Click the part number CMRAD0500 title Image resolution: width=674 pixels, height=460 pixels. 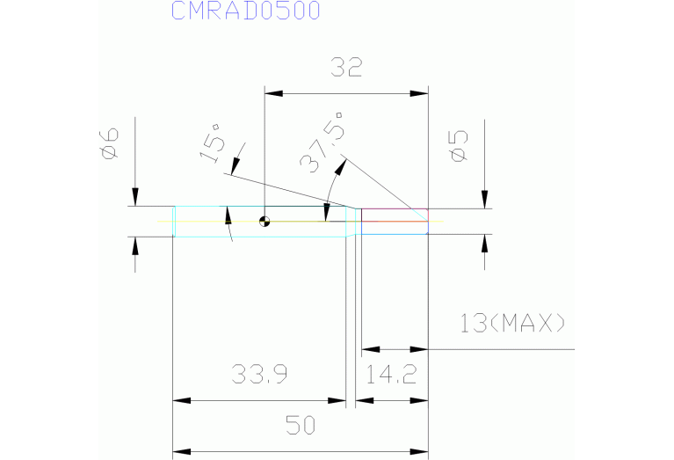click(246, 11)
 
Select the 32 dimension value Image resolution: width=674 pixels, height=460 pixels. click(346, 67)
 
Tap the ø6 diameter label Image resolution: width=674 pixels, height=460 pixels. click(110, 143)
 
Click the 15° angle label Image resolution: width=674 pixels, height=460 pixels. click(213, 142)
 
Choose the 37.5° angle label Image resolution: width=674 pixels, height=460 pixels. click(323, 142)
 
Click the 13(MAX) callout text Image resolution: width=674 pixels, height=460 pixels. click(512, 323)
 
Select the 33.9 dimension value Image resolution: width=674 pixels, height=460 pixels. click(259, 374)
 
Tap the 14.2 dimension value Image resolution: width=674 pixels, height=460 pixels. click(391, 374)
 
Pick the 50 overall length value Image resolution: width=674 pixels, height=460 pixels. click(301, 425)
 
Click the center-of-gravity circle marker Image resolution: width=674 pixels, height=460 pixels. click(265, 222)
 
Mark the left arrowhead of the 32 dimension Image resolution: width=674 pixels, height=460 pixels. click(274, 93)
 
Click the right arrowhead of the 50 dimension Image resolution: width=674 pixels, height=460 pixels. click(419, 452)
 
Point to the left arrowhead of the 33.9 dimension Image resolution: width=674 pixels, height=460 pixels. click(181, 400)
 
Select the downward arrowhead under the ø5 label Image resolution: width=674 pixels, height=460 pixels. click(485, 200)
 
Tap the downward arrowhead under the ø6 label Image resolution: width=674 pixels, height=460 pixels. click(135, 197)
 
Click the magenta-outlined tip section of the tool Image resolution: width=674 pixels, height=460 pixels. click(395, 222)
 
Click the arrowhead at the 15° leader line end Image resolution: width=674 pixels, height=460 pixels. click(236, 166)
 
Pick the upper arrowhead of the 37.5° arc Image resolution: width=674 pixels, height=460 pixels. click(340, 167)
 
